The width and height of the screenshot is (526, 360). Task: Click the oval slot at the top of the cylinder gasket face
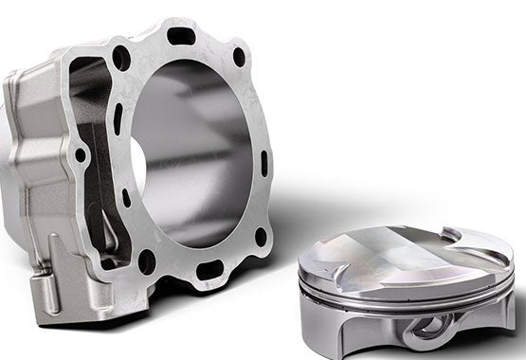tap(181, 36)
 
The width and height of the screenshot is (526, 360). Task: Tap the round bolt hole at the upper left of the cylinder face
tap(121, 58)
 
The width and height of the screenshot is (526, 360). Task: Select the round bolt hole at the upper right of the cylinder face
tap(239, 57)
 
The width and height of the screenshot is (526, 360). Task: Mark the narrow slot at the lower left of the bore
tap(126, 199)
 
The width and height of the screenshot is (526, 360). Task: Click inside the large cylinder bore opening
tap(194, 152)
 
